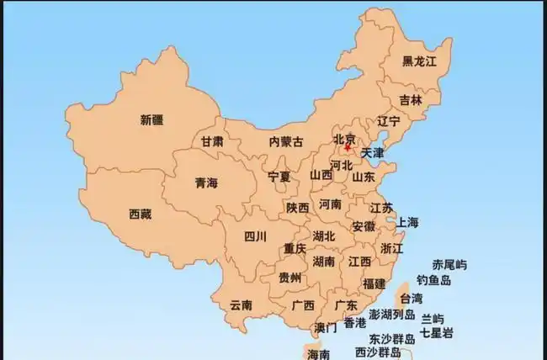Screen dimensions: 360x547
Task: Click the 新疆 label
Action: [152, 119]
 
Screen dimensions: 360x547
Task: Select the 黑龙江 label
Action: [419, 61]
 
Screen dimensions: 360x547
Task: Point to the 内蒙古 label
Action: [286, 142]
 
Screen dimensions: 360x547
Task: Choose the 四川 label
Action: [255, 236]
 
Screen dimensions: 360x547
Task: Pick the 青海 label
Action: [206, 182]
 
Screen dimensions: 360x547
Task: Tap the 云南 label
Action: [241, 304]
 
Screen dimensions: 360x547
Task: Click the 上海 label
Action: [407, 222]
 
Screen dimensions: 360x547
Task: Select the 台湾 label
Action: [411, 299]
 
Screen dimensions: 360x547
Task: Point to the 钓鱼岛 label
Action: [434, 280]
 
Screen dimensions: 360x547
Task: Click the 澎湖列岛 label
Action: [392, 314]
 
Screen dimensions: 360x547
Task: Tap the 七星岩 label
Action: [436, 333]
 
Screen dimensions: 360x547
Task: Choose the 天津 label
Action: [371, 153]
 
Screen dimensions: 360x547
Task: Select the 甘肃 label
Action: [212, 142]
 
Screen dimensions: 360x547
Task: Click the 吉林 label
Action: [411, 99]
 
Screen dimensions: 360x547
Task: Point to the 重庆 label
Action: [295, 248]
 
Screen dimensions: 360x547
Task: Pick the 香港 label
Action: [355, 322]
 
